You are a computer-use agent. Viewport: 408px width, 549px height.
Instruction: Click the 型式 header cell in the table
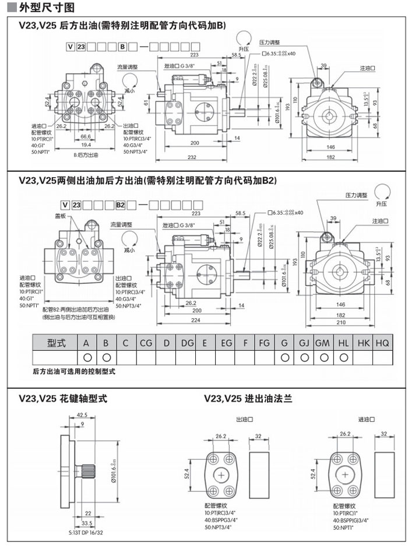click(x=56, y=343)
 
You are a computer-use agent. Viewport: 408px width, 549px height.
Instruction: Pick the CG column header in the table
click(x=146, y=343)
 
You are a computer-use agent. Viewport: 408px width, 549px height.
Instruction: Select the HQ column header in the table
click(x=382, y=343)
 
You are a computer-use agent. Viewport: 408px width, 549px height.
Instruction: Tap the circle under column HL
click(x=344, y=357)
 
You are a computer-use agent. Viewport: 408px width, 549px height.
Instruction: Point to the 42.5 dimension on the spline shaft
click(x=82, y=415)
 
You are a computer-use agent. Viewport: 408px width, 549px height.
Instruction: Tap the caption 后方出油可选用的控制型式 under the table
click(x=74, y=371)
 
